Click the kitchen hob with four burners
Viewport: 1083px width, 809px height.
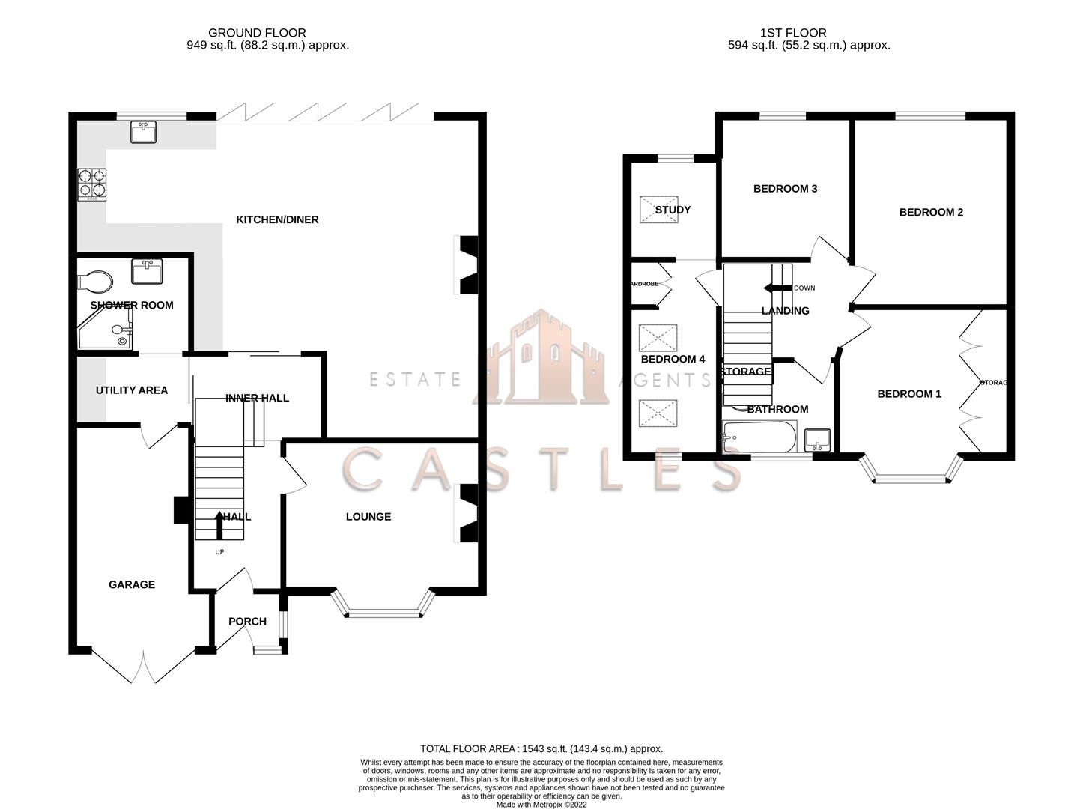92,184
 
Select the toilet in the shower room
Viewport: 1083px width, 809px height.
95,282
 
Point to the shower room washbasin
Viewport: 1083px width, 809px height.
147,270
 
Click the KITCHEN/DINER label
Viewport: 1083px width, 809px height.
277,219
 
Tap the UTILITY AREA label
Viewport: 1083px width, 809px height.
131,390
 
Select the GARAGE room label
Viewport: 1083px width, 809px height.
132,584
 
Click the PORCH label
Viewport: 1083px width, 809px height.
247,621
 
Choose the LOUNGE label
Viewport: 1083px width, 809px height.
368,517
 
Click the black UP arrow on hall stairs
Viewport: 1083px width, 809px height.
219,525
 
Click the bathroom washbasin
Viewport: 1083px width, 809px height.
818,440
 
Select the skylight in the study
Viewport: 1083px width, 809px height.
658,210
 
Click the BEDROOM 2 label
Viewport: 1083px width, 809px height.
931,212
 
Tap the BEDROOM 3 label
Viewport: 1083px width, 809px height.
785,189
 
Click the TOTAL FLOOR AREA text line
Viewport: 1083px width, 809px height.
541,748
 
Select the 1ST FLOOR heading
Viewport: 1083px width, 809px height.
793,33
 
